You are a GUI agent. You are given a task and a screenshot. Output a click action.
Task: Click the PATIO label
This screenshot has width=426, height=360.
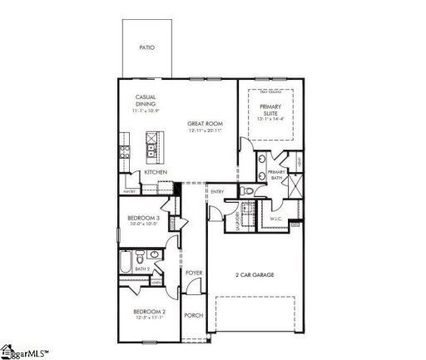[149, 49]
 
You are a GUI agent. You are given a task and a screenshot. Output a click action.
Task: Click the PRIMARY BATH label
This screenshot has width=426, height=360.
[277, 174]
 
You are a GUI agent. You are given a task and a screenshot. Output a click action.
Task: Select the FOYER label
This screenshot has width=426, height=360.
[193, 273]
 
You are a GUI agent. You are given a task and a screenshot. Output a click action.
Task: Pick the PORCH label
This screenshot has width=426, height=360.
[193, 315]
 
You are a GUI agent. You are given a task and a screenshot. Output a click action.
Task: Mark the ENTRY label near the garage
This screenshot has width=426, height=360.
[217, 193]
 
